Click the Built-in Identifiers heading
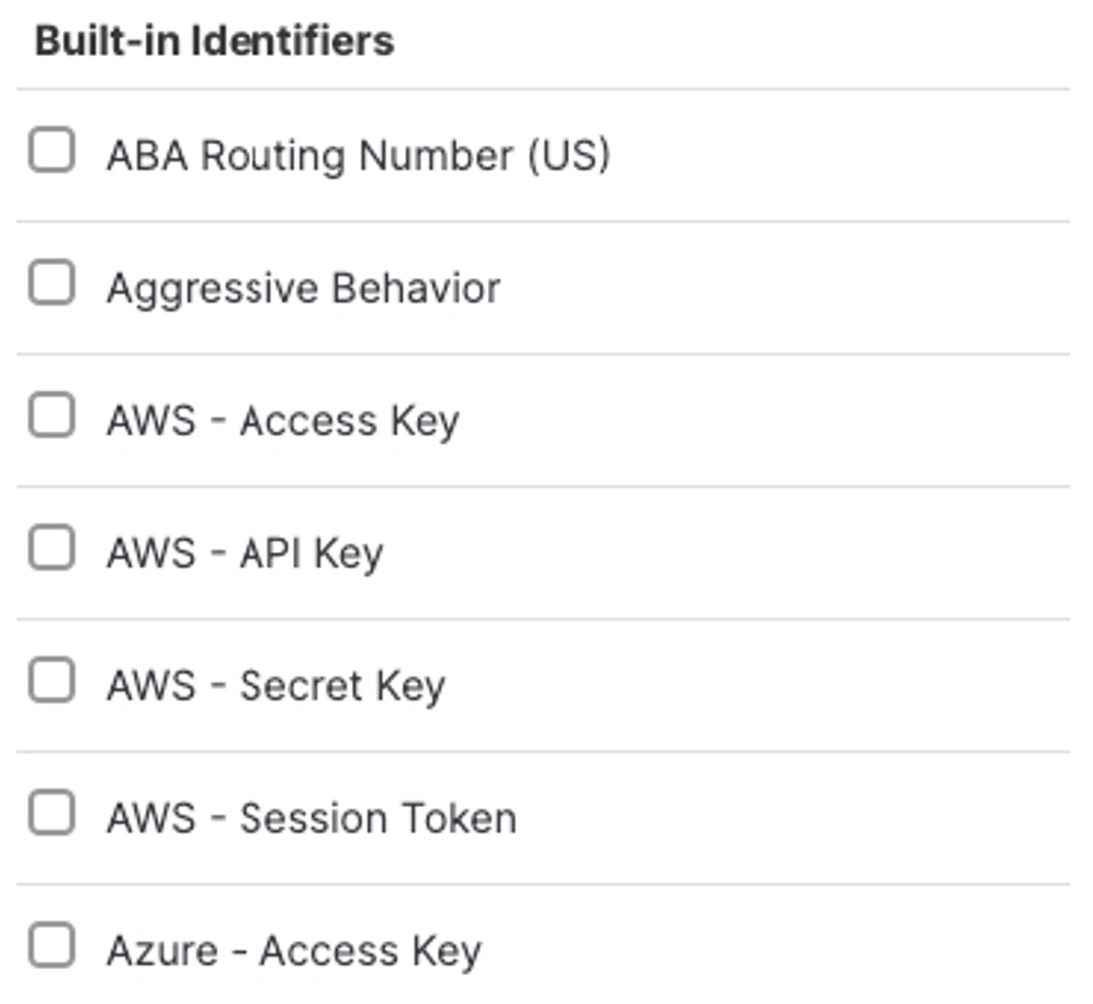pos(215,41)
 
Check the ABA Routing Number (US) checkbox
pos(52,151)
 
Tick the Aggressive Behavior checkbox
pos(52,283)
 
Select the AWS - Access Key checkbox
pos(52,416)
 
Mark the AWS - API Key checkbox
pos(52,548)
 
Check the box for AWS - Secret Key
pos(52,680)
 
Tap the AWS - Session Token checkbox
pos(52,813)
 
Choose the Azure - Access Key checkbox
pos(52,945)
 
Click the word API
pos(270,554)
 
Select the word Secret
pos(300,686)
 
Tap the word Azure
pos(162,951)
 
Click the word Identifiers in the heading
pos(292,41)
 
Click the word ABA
pos(147,156)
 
